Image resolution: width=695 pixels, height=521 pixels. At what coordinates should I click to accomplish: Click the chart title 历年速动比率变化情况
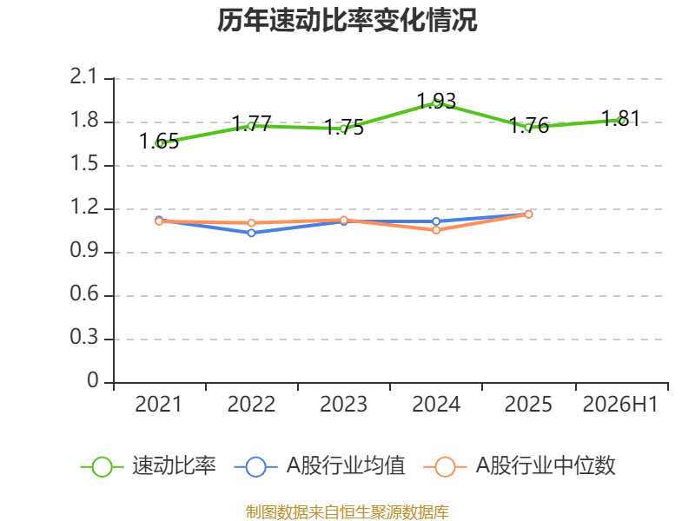(x=347, y=20)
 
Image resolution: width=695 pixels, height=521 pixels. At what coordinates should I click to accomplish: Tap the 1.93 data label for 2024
(x=437, y=101)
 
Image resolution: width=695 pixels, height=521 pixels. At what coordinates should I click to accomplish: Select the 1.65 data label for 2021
(x=159, y=142)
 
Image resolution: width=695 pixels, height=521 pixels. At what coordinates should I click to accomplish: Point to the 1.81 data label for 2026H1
(x=621, y=119)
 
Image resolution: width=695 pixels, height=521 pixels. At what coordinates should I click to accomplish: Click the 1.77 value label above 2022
(x=251, y=123)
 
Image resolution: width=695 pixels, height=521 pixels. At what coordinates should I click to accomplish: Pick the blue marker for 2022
(x=251, y=233)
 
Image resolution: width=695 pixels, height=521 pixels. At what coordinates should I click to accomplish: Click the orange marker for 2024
(x=436, y=230)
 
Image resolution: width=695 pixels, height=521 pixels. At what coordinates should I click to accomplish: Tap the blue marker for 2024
(x=436, y=221)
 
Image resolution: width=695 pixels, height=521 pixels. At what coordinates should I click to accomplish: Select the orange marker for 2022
(x=251, y=223)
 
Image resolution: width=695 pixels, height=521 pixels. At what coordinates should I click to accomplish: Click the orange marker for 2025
(x=528, y=214)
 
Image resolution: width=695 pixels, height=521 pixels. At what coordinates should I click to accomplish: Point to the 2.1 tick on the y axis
(x=83, y=77)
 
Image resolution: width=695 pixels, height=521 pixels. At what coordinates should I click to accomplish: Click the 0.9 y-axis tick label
(x=83, y=251)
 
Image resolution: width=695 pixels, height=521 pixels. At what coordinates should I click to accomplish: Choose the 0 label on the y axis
(x=93, y=380)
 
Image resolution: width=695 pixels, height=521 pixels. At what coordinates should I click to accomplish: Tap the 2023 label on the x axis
(x=343, y=405)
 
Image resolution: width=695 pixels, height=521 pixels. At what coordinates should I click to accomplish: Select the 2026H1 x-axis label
(x=620, y=405)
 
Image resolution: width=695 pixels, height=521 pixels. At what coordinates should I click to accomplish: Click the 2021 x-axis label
(x=159, y=405)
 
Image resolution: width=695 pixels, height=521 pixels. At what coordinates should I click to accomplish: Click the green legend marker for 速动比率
(x=102, y=467)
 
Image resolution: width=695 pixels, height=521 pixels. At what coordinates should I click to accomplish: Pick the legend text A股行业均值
(x=346, y=466)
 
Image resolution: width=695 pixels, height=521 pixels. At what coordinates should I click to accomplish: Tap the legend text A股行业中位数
(x=546, y=466)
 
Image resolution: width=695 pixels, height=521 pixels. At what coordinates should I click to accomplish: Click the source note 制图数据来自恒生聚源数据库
(x=347, y=512)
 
